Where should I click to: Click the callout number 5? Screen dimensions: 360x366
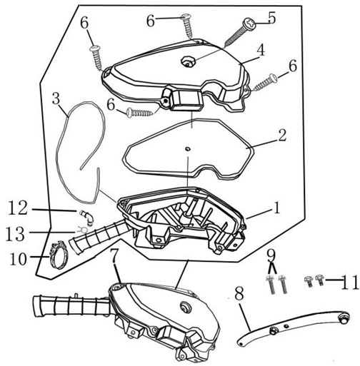271,17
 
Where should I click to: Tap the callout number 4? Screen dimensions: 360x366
261,50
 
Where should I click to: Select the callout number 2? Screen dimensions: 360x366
282,136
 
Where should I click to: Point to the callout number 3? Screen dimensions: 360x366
56,99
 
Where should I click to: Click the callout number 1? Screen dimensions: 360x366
276,208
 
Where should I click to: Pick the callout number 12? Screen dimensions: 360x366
18,208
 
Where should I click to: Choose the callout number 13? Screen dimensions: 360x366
15,233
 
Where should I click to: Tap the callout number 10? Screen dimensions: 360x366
19,259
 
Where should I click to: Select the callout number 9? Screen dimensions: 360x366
271,255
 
